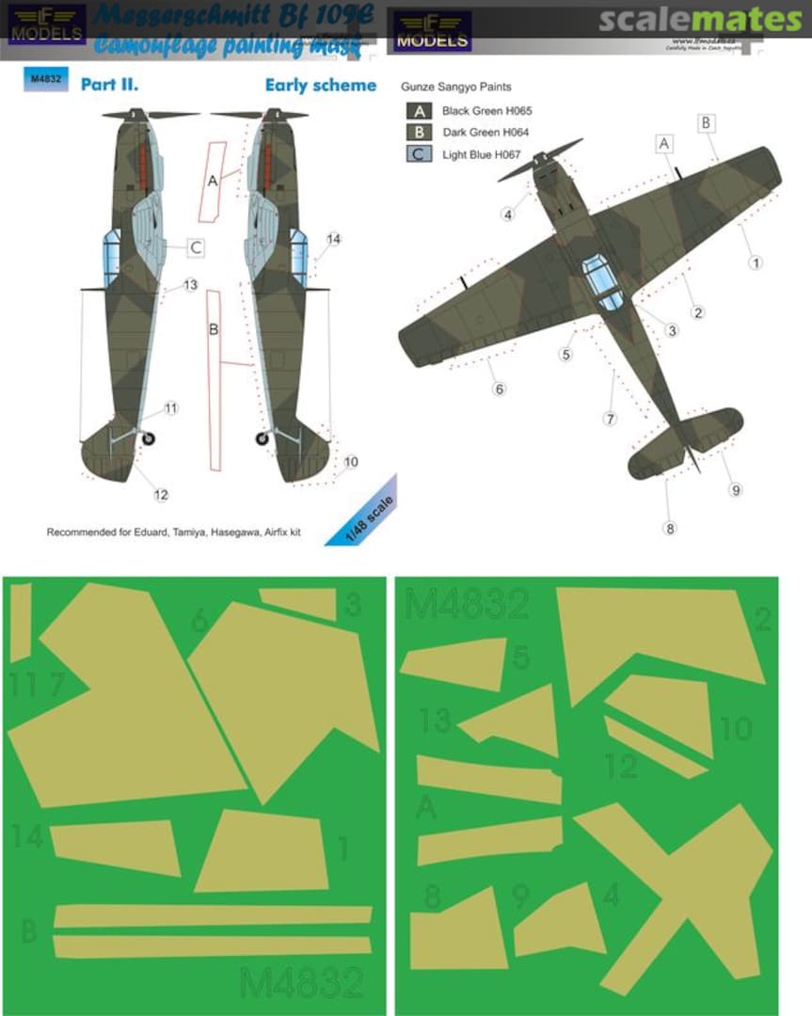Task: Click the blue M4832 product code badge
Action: click(x=44, y=80)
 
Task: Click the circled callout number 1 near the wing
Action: click(x=755, y=262)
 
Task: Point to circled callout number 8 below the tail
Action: click(x=670, y=528)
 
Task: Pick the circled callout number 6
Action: click(x=499, y=389)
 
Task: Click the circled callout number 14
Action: click(x=333, y=240)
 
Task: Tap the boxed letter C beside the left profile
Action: click(x=195, y=248)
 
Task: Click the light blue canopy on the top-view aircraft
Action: click(x=602, y=281)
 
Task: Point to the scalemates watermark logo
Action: click(x=700, y=20)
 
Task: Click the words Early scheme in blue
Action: click(x=320, y=86)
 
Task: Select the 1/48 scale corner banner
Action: click(x=362, y=513)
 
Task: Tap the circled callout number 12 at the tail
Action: click(x=160, y=494)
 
